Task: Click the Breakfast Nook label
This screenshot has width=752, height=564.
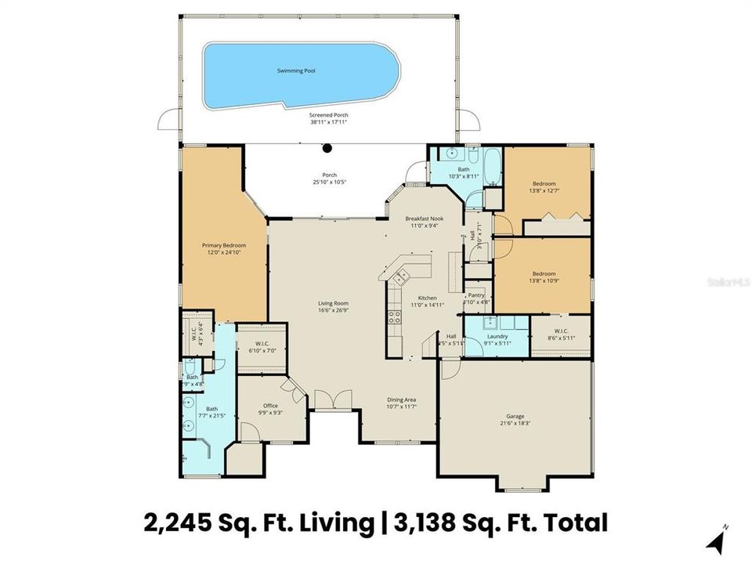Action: pos(425,218)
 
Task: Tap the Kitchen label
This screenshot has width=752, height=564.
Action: pos(427,298)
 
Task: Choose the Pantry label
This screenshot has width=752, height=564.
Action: pos(476,295)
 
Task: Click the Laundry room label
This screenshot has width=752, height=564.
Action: pos(497,336)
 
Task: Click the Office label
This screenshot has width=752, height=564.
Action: pos(269,406)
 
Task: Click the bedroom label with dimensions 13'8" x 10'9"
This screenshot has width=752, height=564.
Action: pos(544,274)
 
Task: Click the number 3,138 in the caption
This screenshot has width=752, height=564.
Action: pos(430,522)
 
